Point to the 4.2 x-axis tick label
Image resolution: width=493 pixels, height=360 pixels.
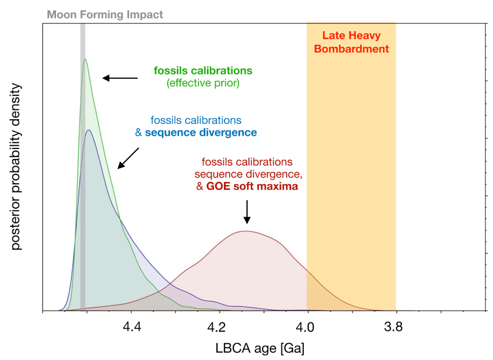pyautogui.click(x=219, y=325)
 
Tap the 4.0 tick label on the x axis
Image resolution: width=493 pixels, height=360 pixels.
pyautogui.click(x=307, y=325)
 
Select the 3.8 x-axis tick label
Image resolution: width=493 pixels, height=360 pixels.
pyautogui.click(x=395, y=325)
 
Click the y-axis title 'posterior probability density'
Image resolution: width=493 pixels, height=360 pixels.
pyautogui.click(x=16, y=167)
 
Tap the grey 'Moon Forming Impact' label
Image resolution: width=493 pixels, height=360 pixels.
pyautogui.click(x=105, y=15)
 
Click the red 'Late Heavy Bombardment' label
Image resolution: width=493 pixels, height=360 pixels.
pyautogui.click(x=351, y=43)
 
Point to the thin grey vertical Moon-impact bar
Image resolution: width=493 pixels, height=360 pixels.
pyautogui.click(x=82, y=168)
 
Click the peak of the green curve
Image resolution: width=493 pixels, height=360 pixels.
pyautogui.click(x=84, y=59)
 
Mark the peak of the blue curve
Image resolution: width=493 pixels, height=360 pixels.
pyautogui.click(x=87, y=130)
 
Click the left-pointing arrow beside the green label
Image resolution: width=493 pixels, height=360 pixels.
pyautogui.click(x=120, y=78)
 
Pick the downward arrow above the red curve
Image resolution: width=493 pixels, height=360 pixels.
pyautogui.click(x=247, y=213)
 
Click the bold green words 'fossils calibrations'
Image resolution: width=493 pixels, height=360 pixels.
pyautogui.click(x=203, y=71)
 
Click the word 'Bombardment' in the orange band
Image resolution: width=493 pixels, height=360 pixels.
pyautogui.click(x=351, y=49)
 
